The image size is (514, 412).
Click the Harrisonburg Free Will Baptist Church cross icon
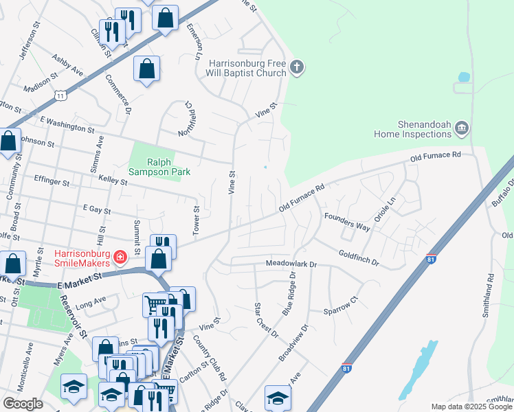(x=297, y=67)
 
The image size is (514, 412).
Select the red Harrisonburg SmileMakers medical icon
(x=120, y=257)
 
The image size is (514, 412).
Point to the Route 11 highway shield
(x=61, y=95)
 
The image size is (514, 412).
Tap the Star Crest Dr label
(x=266, y=320)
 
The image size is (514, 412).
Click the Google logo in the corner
(x=23, y=404)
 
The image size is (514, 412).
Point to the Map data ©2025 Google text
(x=471, y=407)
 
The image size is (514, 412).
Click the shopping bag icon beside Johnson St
(x=9, y=141)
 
